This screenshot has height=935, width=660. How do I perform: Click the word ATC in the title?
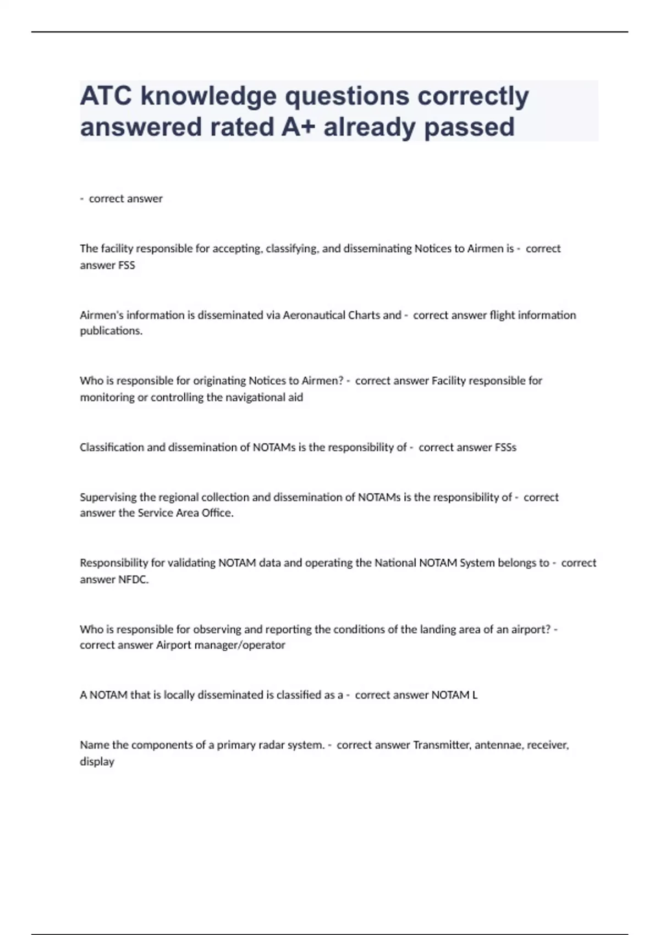click(106, 96)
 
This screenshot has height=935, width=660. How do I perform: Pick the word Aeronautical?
click(315, 315)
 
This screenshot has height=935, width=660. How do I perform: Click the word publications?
click(111, 331)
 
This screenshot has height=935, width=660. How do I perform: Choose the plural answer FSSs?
click(505, 447)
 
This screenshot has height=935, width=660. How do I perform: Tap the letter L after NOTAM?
click(475, 695)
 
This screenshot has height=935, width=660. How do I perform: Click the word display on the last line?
click(97, 762)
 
